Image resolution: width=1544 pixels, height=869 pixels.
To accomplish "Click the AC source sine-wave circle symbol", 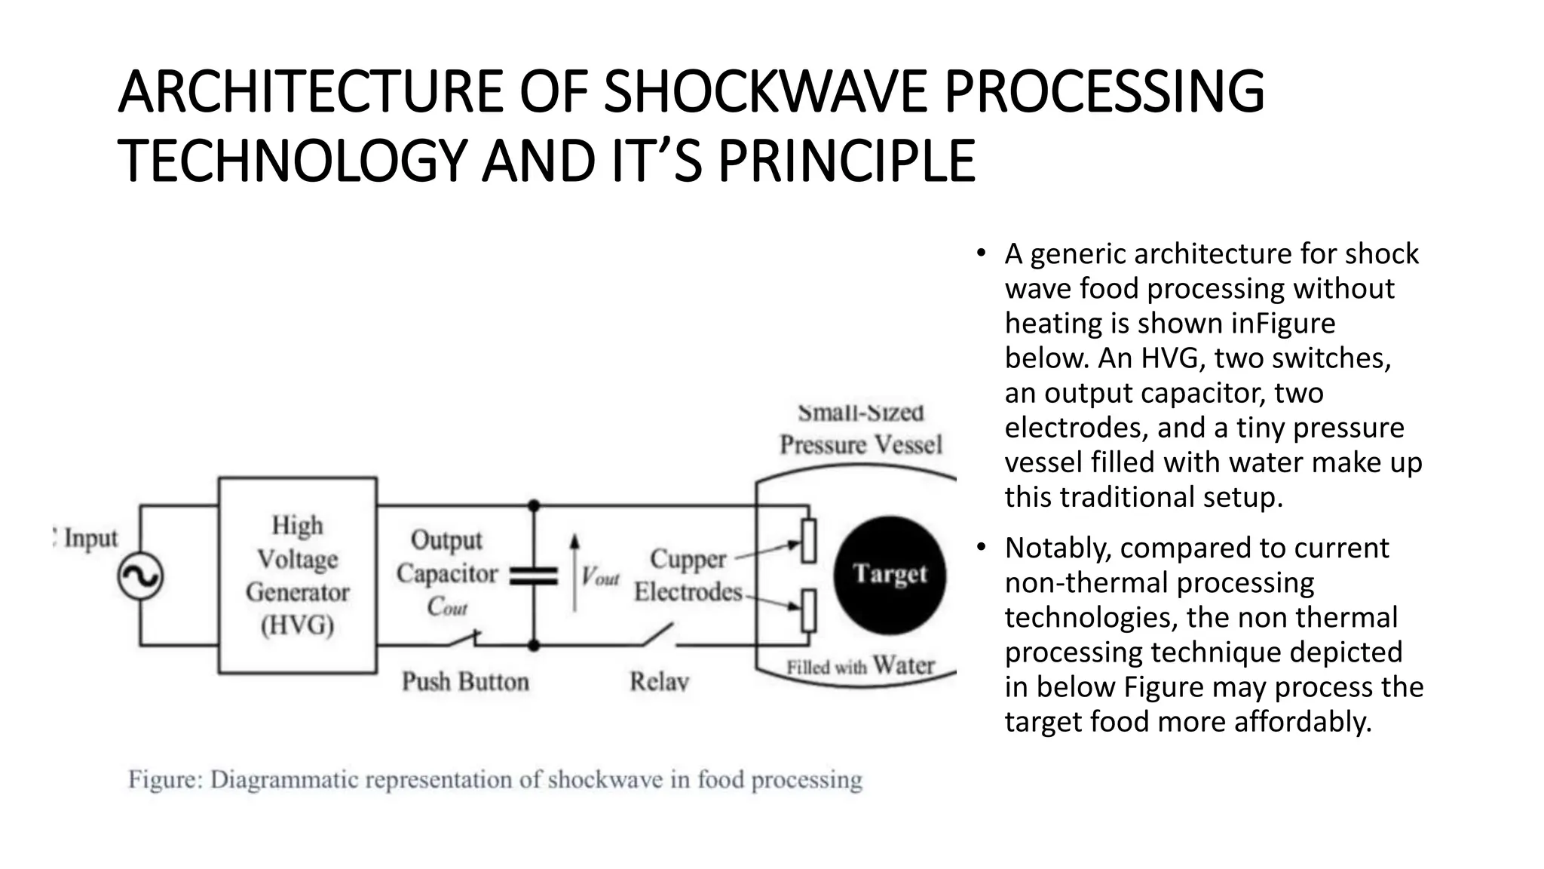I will click(x=140, y=577).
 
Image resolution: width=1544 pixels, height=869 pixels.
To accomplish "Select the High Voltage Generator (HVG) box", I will click(x=297, y=575).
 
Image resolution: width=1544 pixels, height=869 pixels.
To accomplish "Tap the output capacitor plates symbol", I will click(x=534, y=576).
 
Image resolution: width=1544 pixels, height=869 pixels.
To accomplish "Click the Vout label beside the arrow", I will click(x=600, y=578).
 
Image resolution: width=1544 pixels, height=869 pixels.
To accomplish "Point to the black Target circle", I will click(x=890, y=575).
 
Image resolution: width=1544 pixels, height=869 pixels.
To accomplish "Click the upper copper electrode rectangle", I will click(x=808, y=540).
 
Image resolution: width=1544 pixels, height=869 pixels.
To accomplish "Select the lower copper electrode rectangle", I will click(x=808, y=610).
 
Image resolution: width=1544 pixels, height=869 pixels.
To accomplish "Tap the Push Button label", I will click(x=465, y=682).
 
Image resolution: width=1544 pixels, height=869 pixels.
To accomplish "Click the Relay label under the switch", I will click(x=659, y=682).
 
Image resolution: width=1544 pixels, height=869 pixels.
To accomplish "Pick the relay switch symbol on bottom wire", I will click(x=658, y=635).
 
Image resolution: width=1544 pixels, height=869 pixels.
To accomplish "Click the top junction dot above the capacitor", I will click(x=534, y=505).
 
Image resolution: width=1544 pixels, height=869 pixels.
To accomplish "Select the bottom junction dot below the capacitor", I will click(x=534, y=646).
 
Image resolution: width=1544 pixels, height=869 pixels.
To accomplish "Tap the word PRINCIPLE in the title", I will click(x=846, y=161).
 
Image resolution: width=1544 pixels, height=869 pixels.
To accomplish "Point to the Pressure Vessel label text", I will click(x=861, y=444).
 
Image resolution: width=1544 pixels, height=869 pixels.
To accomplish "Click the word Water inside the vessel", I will click(x=903, y=665).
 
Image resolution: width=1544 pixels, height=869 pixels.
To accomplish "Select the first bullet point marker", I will click(x=980, y=253).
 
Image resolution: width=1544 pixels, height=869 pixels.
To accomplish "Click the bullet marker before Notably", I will click(x=980, y=548).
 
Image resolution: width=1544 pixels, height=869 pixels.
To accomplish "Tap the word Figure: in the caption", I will click(x=165, y=779).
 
